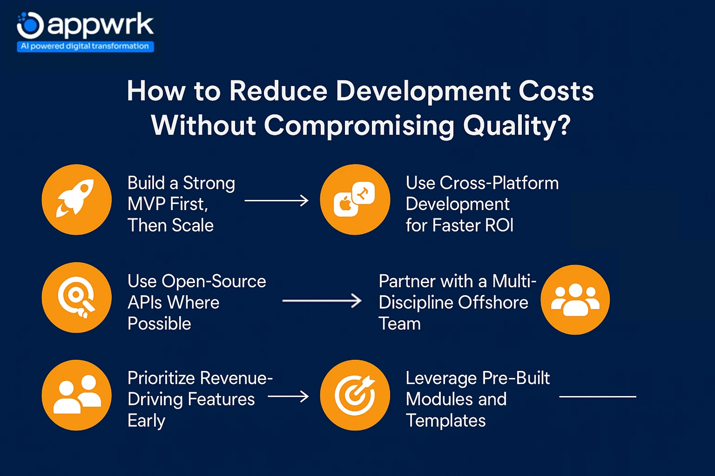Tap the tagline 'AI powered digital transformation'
(85, 46)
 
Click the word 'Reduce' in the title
(278, 91)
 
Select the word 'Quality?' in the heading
(516, 125)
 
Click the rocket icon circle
(76, 200)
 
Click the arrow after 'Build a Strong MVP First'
(276, 201)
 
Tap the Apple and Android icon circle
(355, 200)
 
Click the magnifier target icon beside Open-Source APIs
(76, 297)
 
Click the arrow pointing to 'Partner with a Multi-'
(321, 301)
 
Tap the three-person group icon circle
(575, 300)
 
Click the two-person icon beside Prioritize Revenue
(76, 396)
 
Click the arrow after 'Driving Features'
(288, 396)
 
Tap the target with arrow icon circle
(355, 396)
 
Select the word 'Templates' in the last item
(445, 420)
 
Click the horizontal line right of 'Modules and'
(597, 396)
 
